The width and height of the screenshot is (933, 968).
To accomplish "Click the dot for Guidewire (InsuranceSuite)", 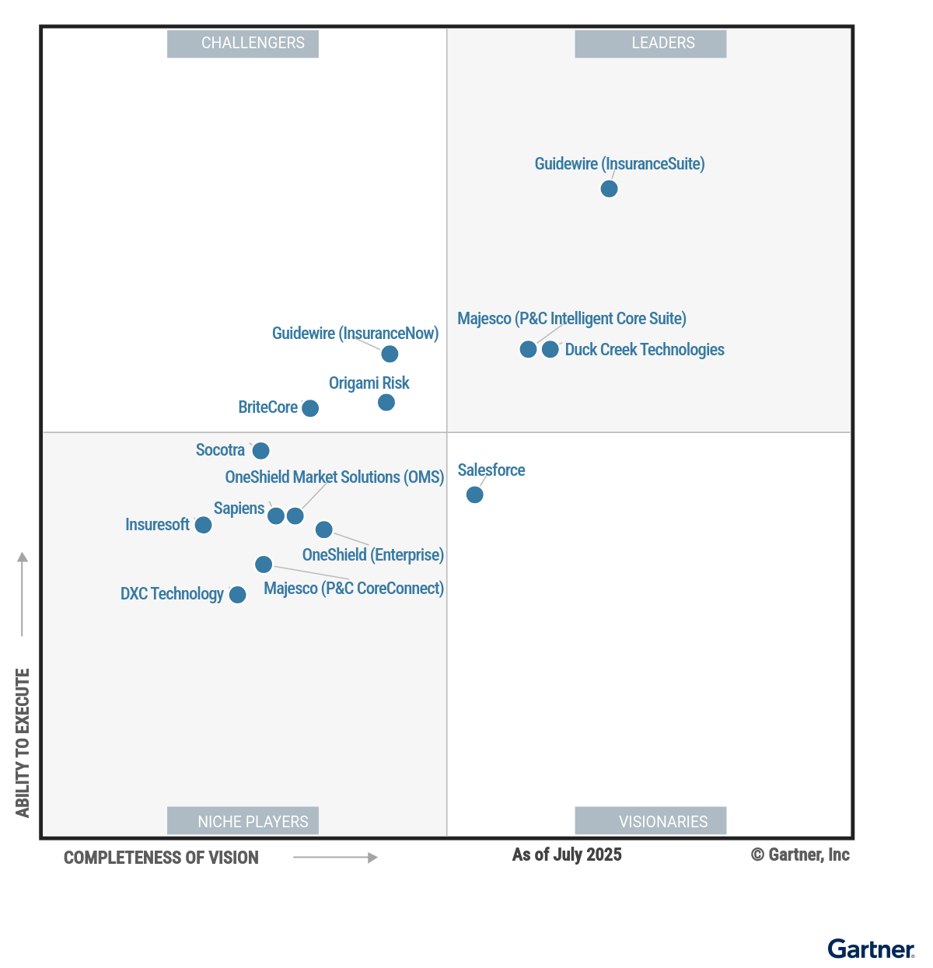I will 609,189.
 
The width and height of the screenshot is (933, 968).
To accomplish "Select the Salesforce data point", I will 474,494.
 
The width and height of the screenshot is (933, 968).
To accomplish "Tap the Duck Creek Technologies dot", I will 550,349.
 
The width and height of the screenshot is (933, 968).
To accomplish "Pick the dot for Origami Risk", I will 386,402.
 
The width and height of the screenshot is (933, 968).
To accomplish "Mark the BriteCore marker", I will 309,408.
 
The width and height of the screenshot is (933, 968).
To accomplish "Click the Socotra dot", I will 260,451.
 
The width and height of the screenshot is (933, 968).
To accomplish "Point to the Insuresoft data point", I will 203,525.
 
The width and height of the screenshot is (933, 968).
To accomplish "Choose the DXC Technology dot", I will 237,595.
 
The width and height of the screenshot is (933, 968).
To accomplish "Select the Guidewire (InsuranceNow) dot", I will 390,354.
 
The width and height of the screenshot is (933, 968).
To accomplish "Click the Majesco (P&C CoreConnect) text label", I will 354,589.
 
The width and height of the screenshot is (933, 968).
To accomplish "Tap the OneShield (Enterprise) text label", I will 373,555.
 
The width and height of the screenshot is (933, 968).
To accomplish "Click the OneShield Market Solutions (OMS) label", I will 334,477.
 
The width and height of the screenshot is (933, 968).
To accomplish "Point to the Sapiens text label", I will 239,508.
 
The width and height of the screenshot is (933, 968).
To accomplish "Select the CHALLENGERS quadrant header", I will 243,44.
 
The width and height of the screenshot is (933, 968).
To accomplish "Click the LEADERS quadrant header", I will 651,44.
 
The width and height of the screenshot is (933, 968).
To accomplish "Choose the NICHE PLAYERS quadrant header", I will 243,821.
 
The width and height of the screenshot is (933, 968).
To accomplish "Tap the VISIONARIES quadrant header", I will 651,821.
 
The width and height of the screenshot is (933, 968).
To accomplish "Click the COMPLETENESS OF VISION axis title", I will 161,858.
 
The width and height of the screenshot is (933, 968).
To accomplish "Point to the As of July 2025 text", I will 567,854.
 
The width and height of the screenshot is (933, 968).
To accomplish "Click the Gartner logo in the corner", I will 871,949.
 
